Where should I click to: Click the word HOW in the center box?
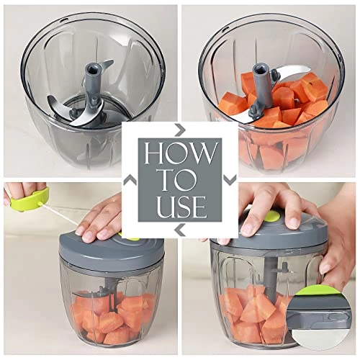coord(180,153)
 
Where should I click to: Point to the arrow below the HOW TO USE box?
coord(180,230)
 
